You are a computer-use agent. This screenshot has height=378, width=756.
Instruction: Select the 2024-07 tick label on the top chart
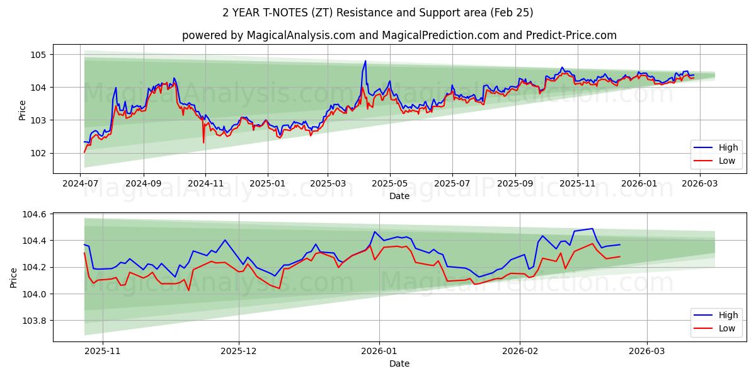tap(81, 183)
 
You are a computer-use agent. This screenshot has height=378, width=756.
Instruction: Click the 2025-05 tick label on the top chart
tap(390, 183)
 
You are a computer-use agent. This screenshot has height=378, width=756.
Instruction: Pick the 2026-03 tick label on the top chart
tap(701, 183)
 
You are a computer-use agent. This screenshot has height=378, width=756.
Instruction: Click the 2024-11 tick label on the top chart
tap(205, 183)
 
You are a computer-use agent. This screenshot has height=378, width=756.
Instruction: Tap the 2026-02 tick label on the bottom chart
tap(521, 350)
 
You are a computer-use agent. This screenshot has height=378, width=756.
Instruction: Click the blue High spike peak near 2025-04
tap(365, 61)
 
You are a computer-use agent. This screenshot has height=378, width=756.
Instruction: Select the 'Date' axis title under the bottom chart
tap(399, 364)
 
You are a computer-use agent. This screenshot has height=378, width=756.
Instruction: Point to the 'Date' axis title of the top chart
tap(399, 196)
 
